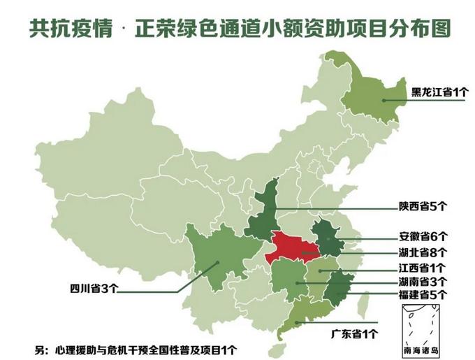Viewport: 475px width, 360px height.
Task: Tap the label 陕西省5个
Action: [423, 206]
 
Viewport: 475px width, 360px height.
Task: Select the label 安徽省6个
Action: [423, 236]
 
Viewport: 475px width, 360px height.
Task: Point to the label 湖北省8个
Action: [423, 252]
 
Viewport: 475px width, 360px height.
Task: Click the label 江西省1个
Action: [423, 268]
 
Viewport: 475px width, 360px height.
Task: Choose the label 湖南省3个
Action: [423, 282]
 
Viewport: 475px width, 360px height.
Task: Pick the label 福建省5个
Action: [423, 295]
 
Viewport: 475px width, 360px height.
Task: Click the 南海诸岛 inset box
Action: [420, 329]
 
